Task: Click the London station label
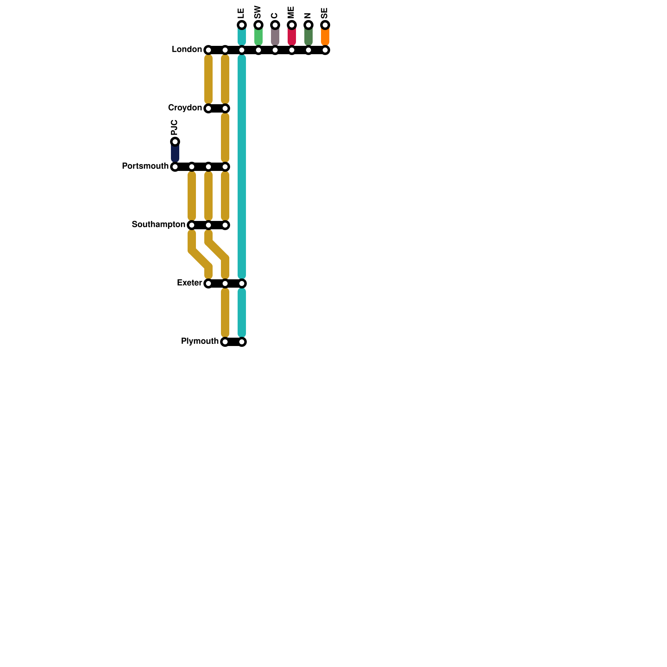[186, 50]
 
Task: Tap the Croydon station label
[185, 108]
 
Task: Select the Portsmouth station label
[145, 166]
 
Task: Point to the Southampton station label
[158, 225]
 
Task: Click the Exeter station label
[189, 283]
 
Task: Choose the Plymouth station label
[200, 341]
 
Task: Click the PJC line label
[175, 127]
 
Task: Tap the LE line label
[241, 13]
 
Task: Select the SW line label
[258, 12]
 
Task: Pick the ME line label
[291, 12]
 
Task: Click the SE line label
[325, 13]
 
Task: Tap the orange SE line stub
[325, 36]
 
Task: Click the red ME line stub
[292, 36]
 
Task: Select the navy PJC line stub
[175, 153]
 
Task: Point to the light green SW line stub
[258, 36]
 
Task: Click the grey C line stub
[275, 36]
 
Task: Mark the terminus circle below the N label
[308, 25]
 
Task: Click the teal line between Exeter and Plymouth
[242, 313]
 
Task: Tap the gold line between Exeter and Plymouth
[225, 313]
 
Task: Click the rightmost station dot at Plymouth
[242, 342]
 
